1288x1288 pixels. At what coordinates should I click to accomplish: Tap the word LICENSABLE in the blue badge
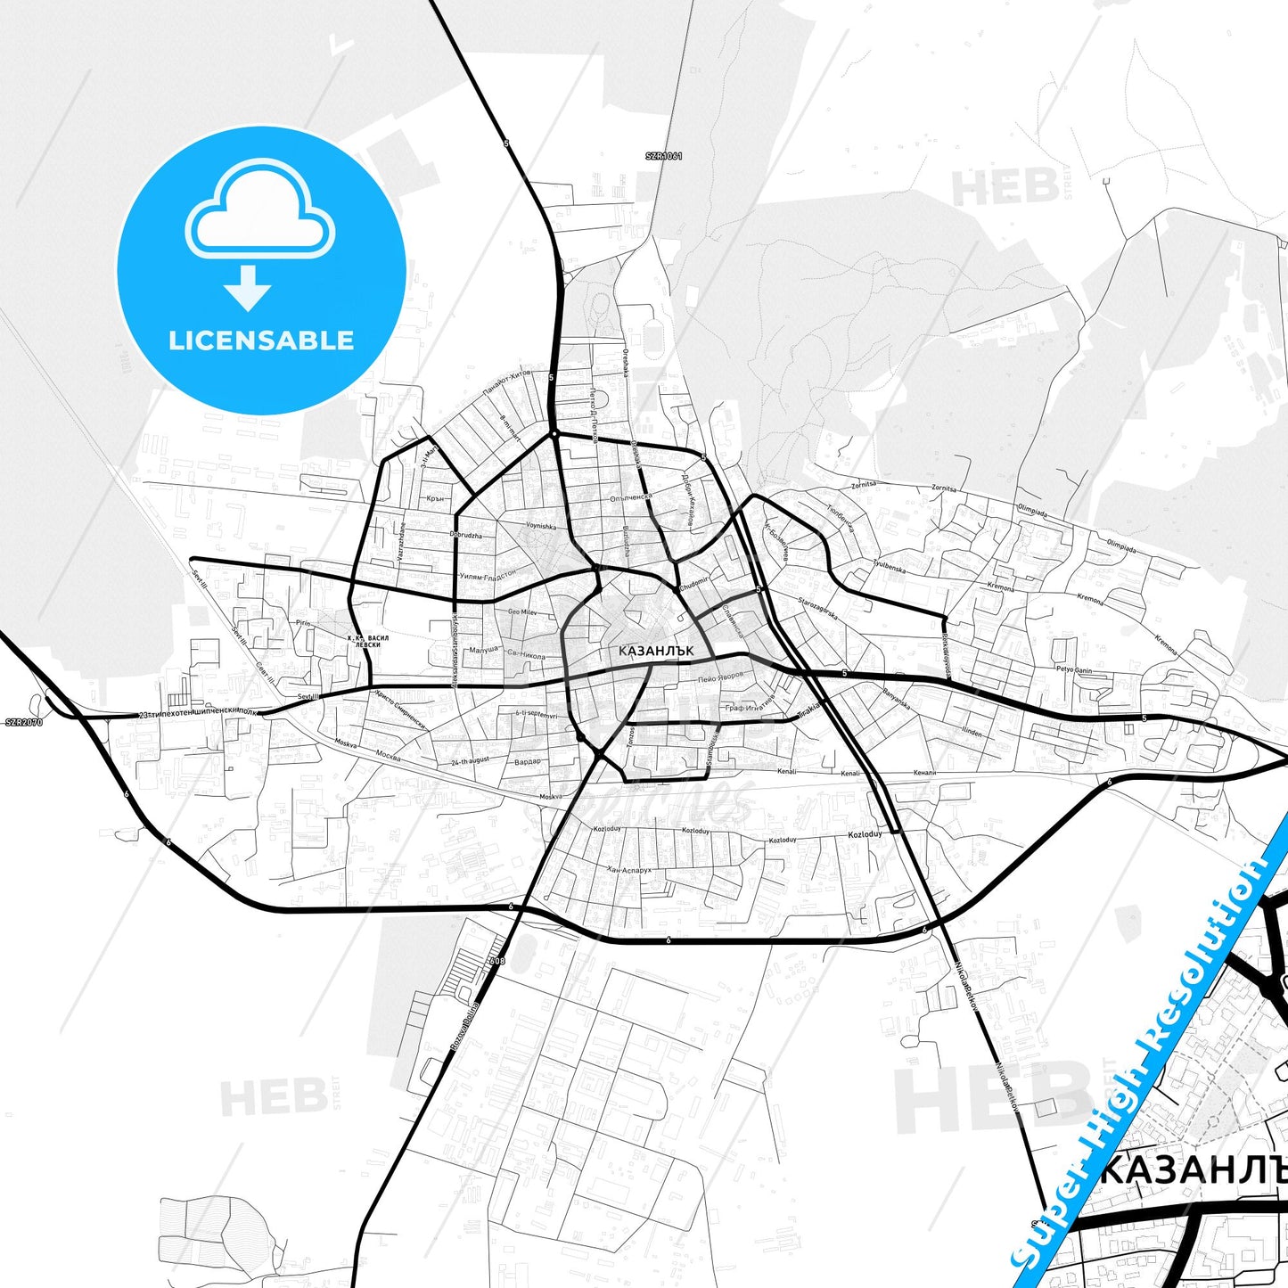pyautogui.click(x=261, y=340)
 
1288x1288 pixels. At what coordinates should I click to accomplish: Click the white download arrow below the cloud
pyautogui.click(x=248, y=288)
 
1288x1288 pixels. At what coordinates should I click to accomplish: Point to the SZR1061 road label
pyautogui.click(x=664, y=156)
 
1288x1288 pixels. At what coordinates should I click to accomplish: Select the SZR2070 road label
pyautogui.click(x=24, y=722)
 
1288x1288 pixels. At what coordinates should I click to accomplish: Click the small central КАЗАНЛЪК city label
pyautogui.click(x=656, y=651)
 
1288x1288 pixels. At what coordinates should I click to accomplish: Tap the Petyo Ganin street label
pyautogui.click(x=1074, y=669)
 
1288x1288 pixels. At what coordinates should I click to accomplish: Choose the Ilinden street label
pyautogui.click(x=972, y=732)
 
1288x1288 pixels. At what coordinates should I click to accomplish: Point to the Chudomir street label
pyautogui.click(x=693, y=585)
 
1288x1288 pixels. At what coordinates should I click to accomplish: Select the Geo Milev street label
pyautogui.click(x=522, y=612)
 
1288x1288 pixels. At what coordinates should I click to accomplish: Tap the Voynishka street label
pyautogui.click(x=541, y=526)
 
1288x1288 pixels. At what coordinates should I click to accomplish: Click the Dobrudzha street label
pyautogui.click(x=465, y=535)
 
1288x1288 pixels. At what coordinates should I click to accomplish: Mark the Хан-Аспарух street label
pyautogui.click(x=629, y=869)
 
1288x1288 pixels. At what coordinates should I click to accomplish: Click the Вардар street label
pyautogui.click(x=527, y=762)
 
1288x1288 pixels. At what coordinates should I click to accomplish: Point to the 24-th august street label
pyautogui.click(x=470, y=761)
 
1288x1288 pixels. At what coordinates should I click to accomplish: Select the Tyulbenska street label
pyautogui.click(x=889, y=566)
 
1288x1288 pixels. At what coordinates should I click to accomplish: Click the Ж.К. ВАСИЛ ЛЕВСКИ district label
pyautogui.click(x=367, y=641)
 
